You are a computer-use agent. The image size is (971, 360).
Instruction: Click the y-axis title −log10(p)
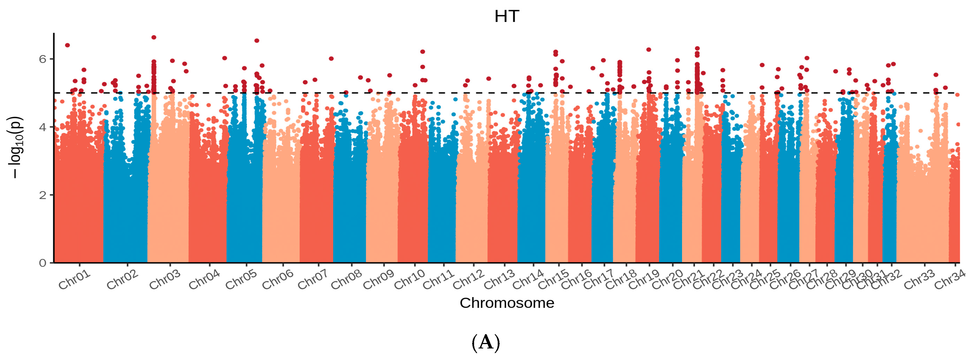click(x=16, y=147)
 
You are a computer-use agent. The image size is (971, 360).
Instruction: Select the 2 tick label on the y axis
click(x=43, y=195)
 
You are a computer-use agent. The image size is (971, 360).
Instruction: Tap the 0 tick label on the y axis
click(x=43, y=263)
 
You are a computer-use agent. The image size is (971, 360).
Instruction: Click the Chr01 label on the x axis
click(x=75, y=280)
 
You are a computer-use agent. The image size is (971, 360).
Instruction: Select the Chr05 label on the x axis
click(x=241, y=280)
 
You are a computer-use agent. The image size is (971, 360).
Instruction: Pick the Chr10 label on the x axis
click(x=410, y=280)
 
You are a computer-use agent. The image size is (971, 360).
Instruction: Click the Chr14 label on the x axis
click(x=528, y=280)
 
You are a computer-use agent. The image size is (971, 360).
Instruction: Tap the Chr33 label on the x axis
click(x=919, y=280)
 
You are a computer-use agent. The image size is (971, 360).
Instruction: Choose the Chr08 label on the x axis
click(x=346, y=280)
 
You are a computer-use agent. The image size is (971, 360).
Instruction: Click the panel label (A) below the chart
click(x=486, y=343)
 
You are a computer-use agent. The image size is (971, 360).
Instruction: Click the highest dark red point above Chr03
click(x=154, y=37)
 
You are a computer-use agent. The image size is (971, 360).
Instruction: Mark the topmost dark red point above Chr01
click(x=68, y=45)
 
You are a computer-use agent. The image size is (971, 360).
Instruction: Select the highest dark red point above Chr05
click(x=257, y=41)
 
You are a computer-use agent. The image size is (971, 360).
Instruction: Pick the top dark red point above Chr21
click(x=697, y=49)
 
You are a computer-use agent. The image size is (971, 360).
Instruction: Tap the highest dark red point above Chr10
click(x=422, y=52)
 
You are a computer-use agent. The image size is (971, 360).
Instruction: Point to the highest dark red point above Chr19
click(x=649, y=49)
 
